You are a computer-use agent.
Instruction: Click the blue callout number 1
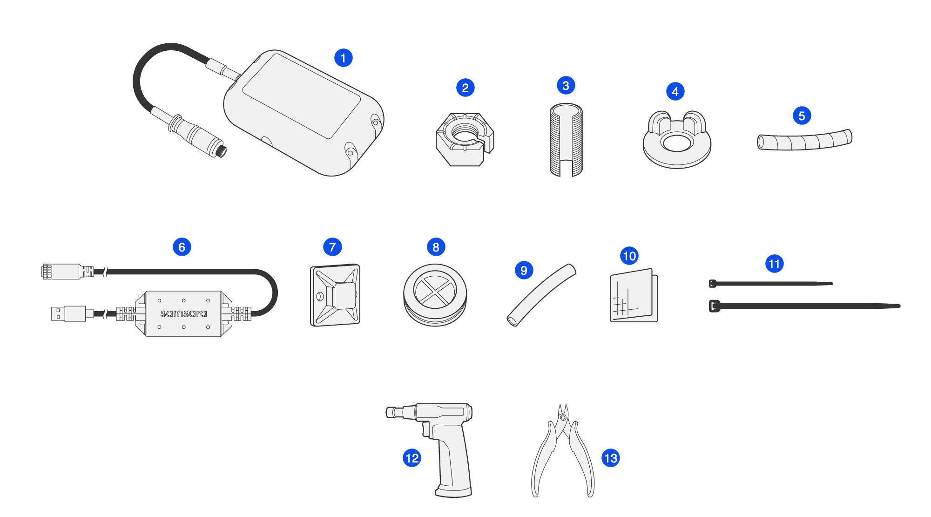tap(344, 58)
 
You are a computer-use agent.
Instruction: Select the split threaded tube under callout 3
tap(566, 140)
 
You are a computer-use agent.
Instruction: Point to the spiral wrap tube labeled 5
tap(804, 141)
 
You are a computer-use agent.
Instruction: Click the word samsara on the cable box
tap(183, 313)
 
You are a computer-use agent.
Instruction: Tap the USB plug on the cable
tap(68, 313)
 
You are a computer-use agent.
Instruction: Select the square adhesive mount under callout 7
tap(335, 295)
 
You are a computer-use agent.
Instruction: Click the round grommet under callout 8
tap(435, 295)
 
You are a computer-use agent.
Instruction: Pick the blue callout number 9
tap(524, 270)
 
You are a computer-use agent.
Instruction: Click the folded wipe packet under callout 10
tap(634, 295)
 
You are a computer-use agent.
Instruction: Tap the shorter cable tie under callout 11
tap(771, 283)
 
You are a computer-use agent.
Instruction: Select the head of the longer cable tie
tap(714, 306)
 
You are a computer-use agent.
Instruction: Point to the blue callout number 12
tap(412, 458)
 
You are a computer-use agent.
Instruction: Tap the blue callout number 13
tap(611, 458)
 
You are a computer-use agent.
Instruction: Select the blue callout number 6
tap(182, 247)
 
